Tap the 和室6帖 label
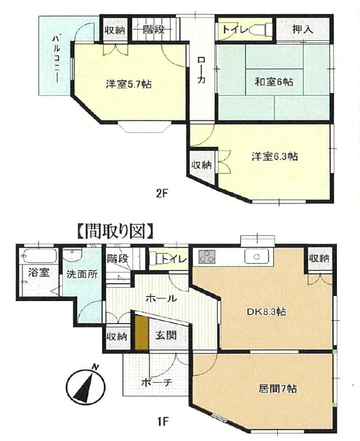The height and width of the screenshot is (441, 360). pos(273,82)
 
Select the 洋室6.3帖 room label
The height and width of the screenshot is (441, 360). pos(274,157)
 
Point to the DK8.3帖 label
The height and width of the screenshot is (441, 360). pos(265,311)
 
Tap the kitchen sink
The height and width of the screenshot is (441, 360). pos(257,257)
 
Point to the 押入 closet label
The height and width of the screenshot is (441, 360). pos(302,29)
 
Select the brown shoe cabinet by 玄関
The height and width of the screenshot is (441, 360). pos(142,331)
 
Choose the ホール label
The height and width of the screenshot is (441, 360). pos(160,299)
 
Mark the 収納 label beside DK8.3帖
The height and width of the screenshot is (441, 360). pos(320,258)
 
